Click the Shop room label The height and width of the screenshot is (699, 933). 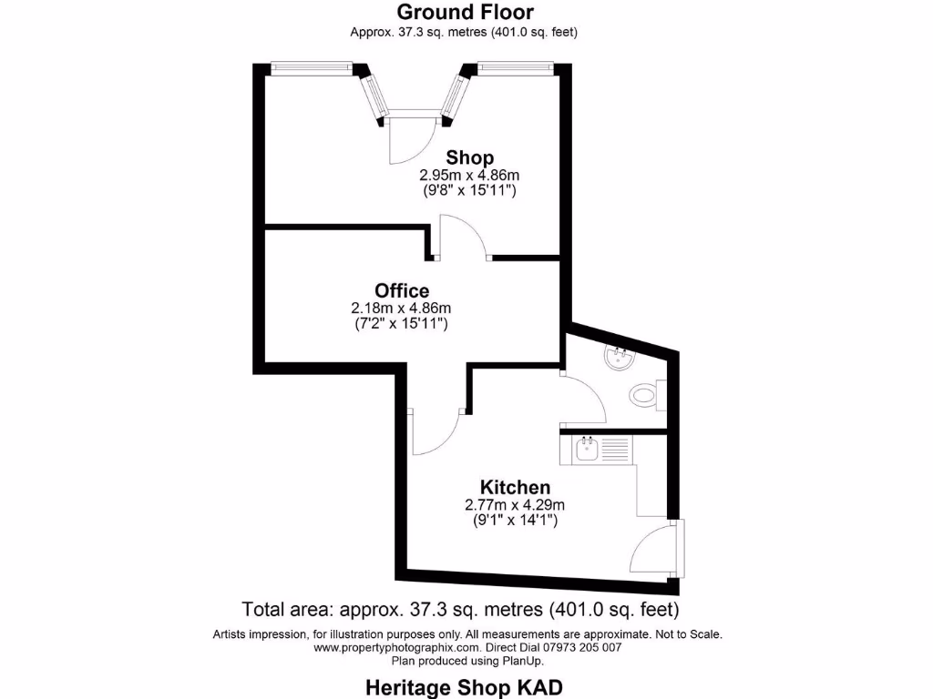(x=469, y=157)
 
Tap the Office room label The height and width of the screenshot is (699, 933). (x=402, y=290)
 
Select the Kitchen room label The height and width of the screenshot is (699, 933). (x=515, y=487)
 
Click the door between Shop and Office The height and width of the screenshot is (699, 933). (x=464, y=238)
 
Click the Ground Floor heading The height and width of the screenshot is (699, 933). (x=465, y=12)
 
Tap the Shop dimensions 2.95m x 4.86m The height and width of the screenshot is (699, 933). (x=468, y=175)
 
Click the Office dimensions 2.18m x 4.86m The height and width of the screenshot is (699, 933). (x=401, y=308)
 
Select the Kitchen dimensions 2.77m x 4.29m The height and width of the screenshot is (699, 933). (x=515, y=504)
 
